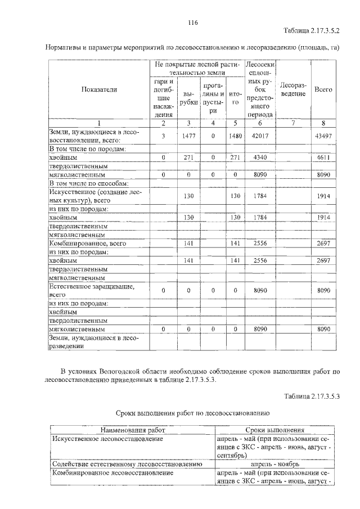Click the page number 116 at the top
pyautogui.click(x=192, y=22)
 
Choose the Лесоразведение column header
pyautogui.click(x=292, y=89)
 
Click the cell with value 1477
pyautogui.click(x=188, y=136)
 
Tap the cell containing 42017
pyautogui.click(x=259, y=136)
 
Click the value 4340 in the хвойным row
pyautogui.click(x=259, y=158)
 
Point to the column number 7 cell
pyautogui.click(x=292, y=123)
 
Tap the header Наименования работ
pyautogui.click(x=133, y=430)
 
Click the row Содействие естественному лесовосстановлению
pyautogui.click(x=126, y=465)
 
